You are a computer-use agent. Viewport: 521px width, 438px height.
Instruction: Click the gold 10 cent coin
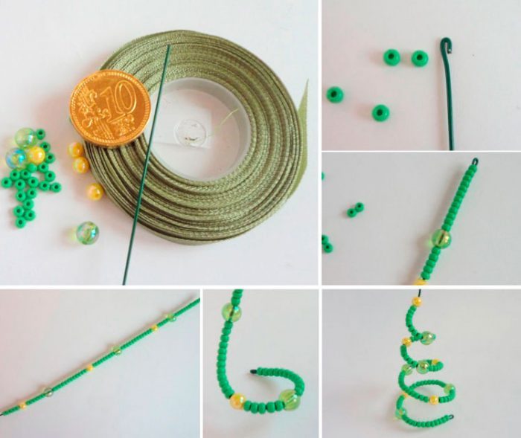(110, 109)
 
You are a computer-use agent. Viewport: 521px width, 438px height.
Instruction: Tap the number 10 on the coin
(120, 100)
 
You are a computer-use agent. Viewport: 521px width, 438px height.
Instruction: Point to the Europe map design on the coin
(87, 109)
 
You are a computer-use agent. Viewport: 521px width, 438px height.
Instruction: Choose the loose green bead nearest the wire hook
(420, 58)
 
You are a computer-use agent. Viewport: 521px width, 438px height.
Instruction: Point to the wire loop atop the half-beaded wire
(475, 162)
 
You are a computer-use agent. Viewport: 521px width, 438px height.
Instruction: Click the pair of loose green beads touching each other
(355, 210)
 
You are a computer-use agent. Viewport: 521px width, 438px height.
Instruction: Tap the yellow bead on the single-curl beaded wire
(238, 399)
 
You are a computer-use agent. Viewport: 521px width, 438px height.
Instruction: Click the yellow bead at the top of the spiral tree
(416, 302)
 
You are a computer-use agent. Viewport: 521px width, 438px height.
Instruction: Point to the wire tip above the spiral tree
(420, 292)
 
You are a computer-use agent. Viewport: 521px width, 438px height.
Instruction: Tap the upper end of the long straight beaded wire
(199, 299)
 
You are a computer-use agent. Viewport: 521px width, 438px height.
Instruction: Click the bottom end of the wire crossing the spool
(124, 283)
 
